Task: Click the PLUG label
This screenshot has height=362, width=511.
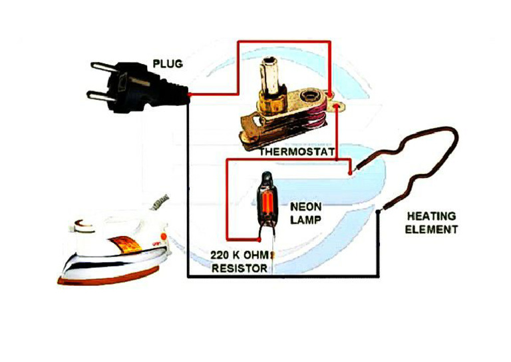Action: click(168, 64)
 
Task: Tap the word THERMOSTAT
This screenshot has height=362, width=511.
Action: click(296, 151)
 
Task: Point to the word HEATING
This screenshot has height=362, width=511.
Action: click(431, 217)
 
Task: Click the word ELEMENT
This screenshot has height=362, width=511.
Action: click(432, 229)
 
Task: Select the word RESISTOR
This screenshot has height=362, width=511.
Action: click(239, 269)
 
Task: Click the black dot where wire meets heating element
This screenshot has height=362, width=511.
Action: click(379, 212)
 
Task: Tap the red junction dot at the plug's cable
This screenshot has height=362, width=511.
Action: click(190, 95)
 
